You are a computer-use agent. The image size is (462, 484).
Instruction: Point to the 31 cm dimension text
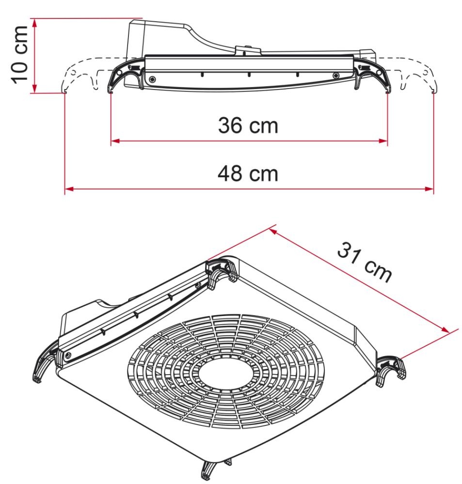365,264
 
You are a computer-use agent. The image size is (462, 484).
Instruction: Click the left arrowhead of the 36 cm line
114,141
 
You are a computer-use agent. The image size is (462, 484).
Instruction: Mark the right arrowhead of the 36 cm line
384,141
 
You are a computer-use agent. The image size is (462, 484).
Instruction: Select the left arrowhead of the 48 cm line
68,189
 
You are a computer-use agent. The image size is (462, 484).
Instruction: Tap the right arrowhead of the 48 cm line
429,189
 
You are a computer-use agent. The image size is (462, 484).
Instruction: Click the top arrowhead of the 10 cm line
34,22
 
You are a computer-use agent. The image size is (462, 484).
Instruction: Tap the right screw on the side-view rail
335,76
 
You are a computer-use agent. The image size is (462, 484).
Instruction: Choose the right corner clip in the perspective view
392,368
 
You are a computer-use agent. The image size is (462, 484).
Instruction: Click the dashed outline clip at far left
73,77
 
